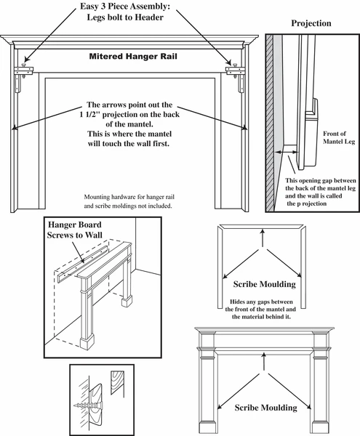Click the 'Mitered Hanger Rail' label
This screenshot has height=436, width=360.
tap(134, 55)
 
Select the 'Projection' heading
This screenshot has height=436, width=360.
tap(311, 23)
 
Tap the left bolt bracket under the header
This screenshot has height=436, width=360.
tap(25, 71)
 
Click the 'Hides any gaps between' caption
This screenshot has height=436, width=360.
tap(260, 304)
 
